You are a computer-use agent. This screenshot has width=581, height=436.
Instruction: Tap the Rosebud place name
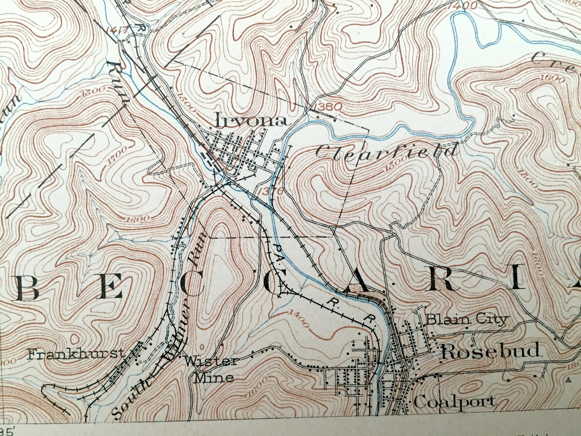491,351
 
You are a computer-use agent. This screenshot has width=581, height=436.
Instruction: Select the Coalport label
455,402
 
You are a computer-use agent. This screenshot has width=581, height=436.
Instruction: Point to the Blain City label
467,319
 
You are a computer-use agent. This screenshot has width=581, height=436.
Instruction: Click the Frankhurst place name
76,354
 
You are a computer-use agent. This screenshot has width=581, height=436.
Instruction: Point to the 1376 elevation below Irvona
270,191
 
